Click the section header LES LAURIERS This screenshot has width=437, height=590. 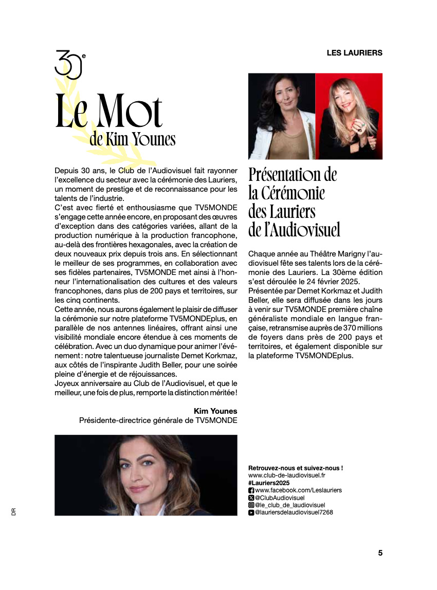[x=354, y=52]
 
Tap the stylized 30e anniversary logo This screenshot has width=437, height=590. [x=69, y=64]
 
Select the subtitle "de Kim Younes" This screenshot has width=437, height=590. [x=132, y=139]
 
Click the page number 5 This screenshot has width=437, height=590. [x=380, y=553]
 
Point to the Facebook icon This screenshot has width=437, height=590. [x=251, y=491]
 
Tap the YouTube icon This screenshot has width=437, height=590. [x=251, y=512]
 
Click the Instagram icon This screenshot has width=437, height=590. [x=251, y=505]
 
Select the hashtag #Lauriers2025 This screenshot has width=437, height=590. [x=269, y=483]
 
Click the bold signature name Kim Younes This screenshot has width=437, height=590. [x=215, y=411]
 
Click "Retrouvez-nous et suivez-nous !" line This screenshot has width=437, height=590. [x=295, y=468]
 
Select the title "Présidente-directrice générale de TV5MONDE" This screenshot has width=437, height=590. [x=158, y=420]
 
